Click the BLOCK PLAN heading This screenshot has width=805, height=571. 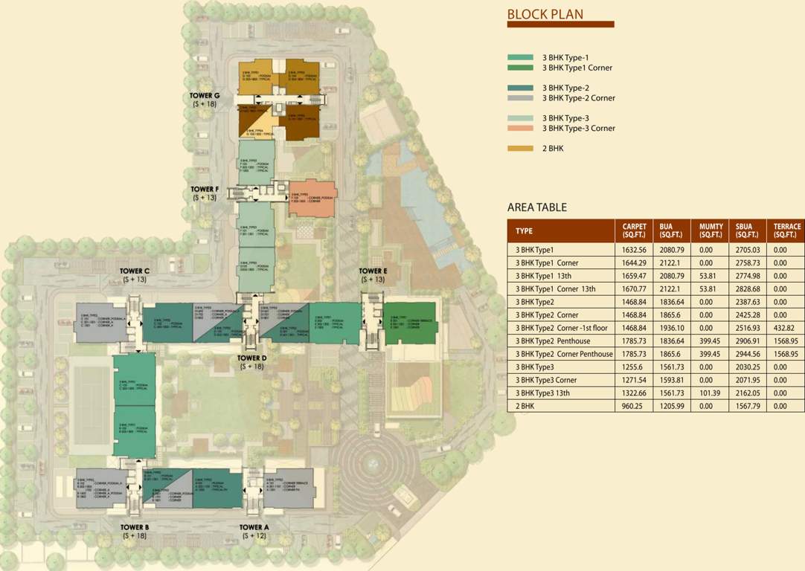pyautogui.click(x=545, y=13)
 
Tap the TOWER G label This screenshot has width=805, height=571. pyautogui.click(x=206, y=96)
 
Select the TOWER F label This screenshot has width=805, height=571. pyautogui.click(x=205, y=190)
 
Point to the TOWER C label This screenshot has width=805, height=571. pyautogui.click(x=136, y=271)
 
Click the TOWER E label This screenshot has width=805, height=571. pyautogui.click(x=373, y=271)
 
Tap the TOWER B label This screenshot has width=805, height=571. pyautogui.click(x=136, y=527)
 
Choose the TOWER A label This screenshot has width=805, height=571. pyautogui.click(x=254, y=527)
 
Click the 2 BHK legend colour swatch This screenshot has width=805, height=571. pyautogui.click(x=520, y=149)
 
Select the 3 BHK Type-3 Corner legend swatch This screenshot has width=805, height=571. pyautogui.click(x=520, y=128)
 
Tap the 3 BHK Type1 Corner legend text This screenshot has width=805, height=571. pyautogui.click(x=577, y=68)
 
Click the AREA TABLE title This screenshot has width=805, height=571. pyautogui.click(x=537, y=207)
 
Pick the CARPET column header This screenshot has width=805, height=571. pyautogui.click(x=634, y=230)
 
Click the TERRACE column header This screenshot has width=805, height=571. pyautogui.click(x=787, y=230)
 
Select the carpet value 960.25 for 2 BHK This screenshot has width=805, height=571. pyautogui.click(x=632, y=406)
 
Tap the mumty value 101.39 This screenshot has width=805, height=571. pyautogui.click(x=711, y=393)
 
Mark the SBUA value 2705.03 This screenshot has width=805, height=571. pyautogui.click(x=748, y=251)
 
